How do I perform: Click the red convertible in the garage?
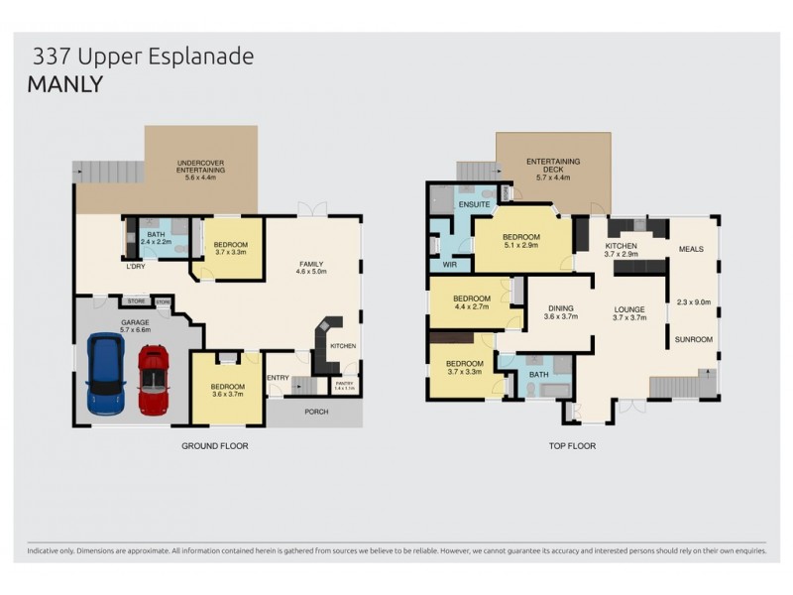click(x=154, y=379)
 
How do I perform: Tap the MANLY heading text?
click(x=65, y=84)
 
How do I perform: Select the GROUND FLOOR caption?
click(x=214, y=446)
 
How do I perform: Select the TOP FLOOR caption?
click(x=572, y=446)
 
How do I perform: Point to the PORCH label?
click(x=315, y=412)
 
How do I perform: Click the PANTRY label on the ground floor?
click(x=344, y=383)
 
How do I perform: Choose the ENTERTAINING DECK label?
click(x=553, y=165)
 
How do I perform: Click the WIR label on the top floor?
click(x=449, y=266)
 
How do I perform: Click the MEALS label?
click(x=691, y=249)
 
